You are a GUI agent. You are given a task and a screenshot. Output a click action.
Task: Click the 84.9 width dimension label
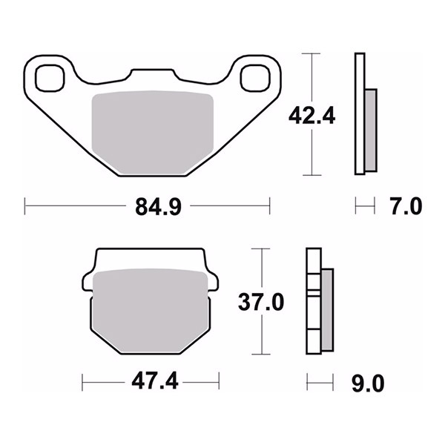click(x=158, y=207)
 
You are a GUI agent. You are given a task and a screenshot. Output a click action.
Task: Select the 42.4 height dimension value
click(x=312, y=116)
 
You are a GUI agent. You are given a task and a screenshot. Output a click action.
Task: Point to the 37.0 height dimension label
click(x=261, y=302)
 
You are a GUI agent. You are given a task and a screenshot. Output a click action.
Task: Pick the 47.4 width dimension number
click(x=155, y=381)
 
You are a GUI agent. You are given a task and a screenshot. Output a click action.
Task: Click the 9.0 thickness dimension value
click(x=368, y=383)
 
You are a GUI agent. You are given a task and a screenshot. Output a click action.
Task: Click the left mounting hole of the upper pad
click(x=50, y=78)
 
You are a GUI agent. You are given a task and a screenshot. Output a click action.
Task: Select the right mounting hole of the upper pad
click(x=255, y=78)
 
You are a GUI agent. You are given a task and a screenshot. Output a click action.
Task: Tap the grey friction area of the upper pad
click(x=153, y=132)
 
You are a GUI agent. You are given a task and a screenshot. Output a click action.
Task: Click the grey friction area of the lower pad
click(x=151, y=311)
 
